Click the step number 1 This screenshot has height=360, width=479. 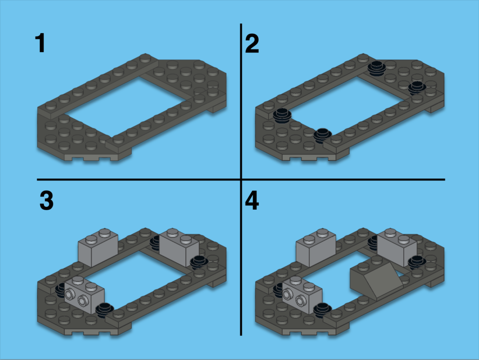pyautogui.click(x=40, y=43)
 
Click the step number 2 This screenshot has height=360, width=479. pyautogui.click(x=252, y=44)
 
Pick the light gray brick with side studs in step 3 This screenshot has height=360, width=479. pyautogui.click(x=84, y=294)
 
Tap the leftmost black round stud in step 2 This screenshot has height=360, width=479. pyautogui.click(x=282, y=117)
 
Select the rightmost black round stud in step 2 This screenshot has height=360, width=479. pyautogui.click(x=417, y=88)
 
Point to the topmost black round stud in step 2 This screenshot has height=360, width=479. pyautogui.click(x=377, y=69)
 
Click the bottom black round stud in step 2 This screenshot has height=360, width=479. pyautogui.click(x=322, y=135)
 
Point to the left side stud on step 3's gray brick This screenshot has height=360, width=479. pyautogui.click(x=71, y=295)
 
